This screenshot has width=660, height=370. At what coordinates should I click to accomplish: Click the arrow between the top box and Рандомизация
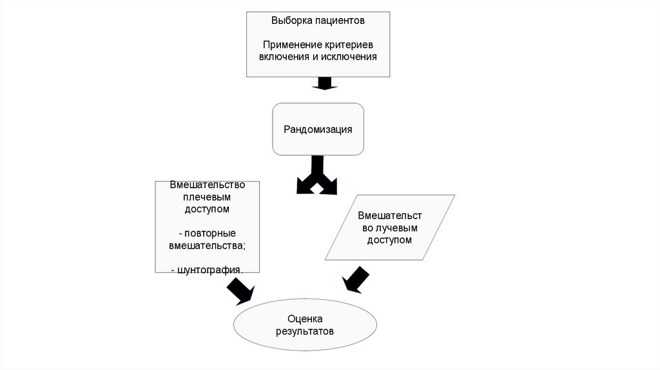(322, 84)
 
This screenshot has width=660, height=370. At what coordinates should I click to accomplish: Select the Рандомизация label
(318, 129)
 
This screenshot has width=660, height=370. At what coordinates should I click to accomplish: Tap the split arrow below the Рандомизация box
(316, 176)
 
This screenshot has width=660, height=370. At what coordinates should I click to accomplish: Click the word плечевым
(206, 197)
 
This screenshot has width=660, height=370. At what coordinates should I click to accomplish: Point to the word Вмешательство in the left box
(206, 185)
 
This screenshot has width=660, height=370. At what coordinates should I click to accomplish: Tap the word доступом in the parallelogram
(389, 240)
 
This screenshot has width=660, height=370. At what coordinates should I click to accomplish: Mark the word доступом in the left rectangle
(206, 209)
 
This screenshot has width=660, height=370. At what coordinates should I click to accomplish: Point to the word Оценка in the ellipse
(305, 319)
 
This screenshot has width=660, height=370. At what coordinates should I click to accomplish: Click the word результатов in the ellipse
(305, 331)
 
